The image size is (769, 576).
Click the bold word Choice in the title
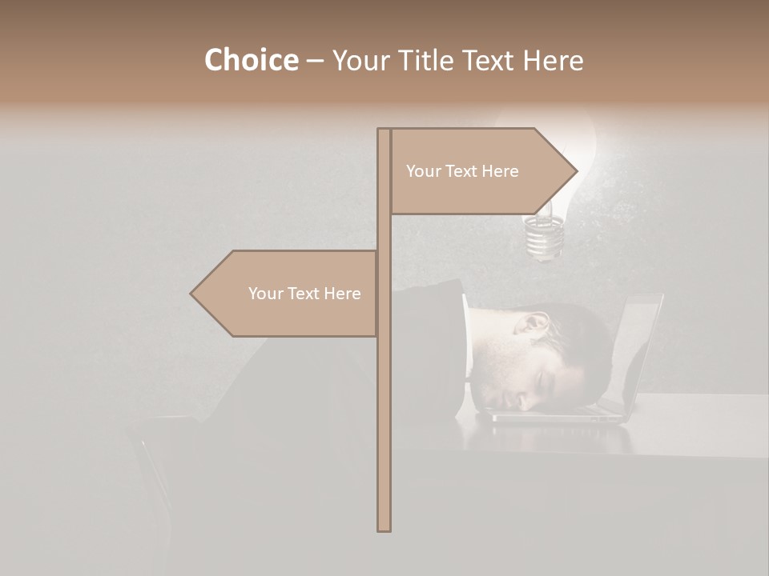(x=251, y=60)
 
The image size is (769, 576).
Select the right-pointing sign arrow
(x=481, y=171)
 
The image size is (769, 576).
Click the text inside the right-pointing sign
(x=462, y=171)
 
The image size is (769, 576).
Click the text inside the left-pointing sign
(x=304, y=294)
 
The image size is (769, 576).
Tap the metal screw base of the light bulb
(x=542, y=238)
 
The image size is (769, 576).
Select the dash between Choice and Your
(x=315, y=61)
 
